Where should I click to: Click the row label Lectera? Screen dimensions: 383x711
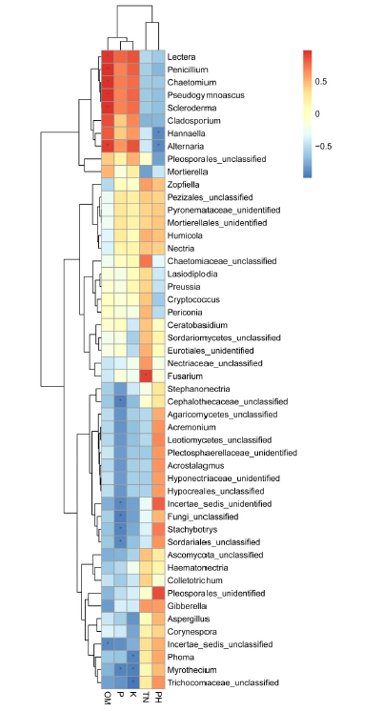(x=181, y=57)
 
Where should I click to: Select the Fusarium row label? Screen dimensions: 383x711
(x=185, y=376)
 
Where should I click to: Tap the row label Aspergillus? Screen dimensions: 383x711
(x=189, y=619)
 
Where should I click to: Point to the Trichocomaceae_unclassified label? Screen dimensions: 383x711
(x=223, y=683)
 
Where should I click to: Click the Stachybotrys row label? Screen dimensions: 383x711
(x=192, y=530)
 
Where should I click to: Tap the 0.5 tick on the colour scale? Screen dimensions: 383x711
(x=321, y=82)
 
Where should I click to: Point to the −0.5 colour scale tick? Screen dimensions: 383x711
(x=323, y=146)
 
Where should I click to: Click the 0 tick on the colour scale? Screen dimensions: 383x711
(x=317, y=113)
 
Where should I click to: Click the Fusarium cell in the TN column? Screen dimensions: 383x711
(x=146, y=376)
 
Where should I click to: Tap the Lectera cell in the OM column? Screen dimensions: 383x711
(x=108, y=56)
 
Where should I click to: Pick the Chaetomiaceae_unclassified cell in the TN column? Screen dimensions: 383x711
(x=146, y=261)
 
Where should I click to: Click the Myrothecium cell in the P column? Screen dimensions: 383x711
(x=120, y=670)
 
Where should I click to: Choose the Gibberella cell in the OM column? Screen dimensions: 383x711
(x=108, y=606)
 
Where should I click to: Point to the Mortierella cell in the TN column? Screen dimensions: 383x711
(x=146, y=172)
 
